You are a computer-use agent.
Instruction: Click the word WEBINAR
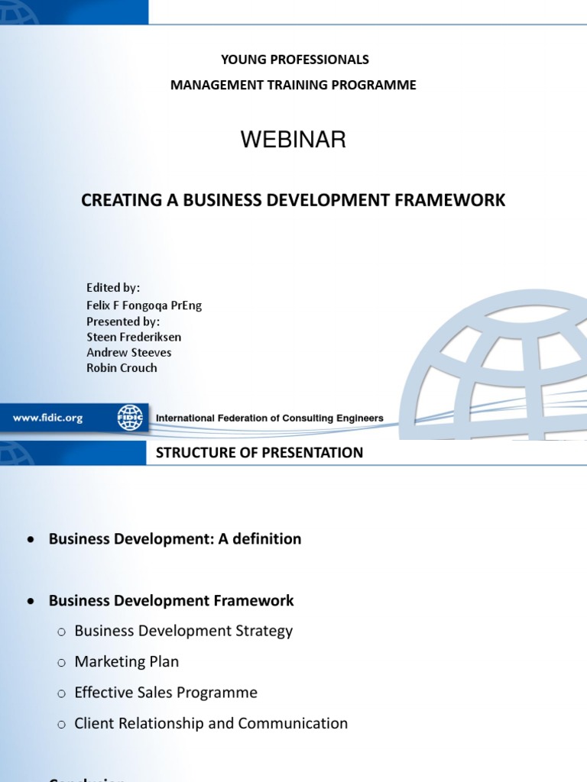[x=293, y=140]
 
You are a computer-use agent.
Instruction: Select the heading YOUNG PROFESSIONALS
[x=294, y=60]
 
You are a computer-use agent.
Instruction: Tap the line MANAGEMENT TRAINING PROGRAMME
[x=293, y=85]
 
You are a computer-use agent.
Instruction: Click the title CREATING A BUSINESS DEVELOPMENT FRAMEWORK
[x=293, y=200]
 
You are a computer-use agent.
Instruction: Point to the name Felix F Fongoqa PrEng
[x=144, y=305]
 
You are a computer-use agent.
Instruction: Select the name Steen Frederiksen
[x=134, y=337]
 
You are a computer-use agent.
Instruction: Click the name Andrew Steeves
[x=129, y=352]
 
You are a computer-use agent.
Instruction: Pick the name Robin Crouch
[x=122, y=367]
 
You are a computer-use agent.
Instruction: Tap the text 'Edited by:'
[x=113, y=288]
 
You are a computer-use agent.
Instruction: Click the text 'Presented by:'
[x=123, y=322]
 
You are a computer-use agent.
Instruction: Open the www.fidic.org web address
[x=47, y=418]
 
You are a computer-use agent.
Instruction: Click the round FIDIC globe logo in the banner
[x=130, y=418]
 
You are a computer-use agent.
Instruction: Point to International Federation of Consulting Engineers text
[x=270, y=418]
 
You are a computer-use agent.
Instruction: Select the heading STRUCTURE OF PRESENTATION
[x=259, y=453]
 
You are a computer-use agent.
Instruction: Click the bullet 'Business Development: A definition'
[x=175, y=539]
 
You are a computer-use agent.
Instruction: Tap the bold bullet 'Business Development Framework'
[x=171, y=600]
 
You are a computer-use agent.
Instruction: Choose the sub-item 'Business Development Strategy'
[x=183, y=631]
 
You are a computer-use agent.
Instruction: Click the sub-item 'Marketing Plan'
[x=127, y=661]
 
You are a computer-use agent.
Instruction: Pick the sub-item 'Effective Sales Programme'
[x=166, y=693]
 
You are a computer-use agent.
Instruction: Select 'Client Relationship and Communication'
[x=211, y=723]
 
